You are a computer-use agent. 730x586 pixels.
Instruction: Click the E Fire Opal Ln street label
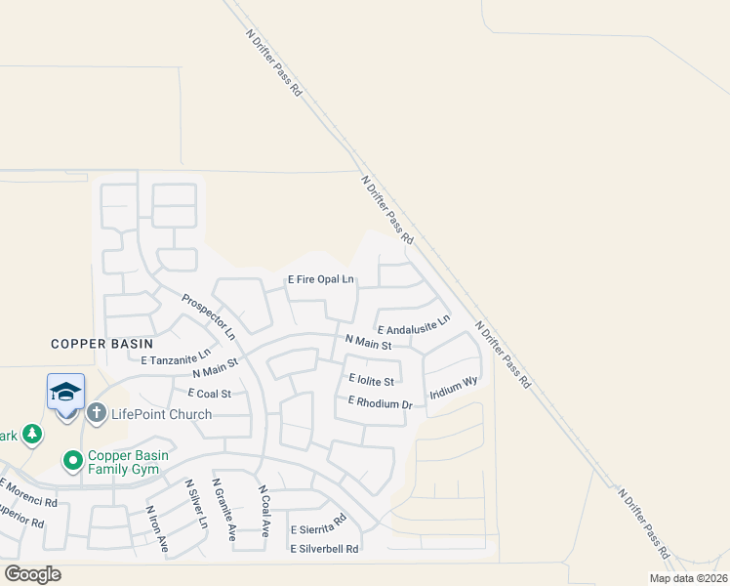(320, 279)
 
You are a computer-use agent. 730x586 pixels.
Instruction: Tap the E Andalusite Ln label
(413, 324)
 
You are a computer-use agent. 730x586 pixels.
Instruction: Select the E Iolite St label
(371, 381)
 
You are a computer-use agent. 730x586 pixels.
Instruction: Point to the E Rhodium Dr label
(374, 402)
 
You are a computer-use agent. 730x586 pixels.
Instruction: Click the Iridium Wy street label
(454, 388)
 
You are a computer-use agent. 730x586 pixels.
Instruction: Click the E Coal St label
(210, 394)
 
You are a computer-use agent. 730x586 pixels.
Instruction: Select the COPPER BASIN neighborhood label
(102, 344)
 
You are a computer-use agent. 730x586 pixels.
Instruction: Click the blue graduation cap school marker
(65, 393)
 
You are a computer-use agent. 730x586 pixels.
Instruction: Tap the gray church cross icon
(96, 413)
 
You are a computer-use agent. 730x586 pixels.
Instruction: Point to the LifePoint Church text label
(161, 414)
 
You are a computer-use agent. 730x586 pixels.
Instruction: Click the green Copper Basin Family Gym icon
(72, 459)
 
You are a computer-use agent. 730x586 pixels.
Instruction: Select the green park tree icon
(32, 433)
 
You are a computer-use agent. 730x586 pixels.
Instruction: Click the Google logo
(32, 574)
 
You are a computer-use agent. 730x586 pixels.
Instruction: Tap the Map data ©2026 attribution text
(688, 578)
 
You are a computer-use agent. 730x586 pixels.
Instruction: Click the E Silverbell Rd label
(324, 549)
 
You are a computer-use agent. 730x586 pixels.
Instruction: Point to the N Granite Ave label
(224, 509)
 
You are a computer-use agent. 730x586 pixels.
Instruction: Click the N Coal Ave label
(264, 511)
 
